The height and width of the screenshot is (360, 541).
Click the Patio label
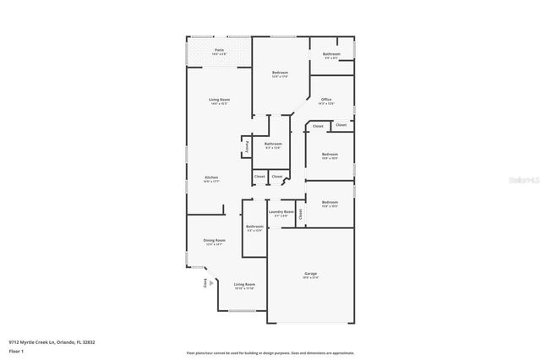pos(219,51)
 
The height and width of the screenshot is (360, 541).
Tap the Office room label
pos(326,100)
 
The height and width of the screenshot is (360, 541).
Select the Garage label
pos(310,274)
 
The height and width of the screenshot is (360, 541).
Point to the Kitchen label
pos(211,177)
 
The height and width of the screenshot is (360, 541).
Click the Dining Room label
pos(215,241)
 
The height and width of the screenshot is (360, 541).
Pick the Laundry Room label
pos(281,212)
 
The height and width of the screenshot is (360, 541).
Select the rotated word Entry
pos(205,285)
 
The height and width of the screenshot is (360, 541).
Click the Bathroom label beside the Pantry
pos(273,145)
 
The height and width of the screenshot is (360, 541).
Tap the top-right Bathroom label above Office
pos(331,54)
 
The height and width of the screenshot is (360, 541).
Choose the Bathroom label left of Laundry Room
pos(254,226)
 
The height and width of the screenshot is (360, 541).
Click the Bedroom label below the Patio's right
pos(281,74)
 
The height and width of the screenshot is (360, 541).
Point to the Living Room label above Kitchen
pos(220,100)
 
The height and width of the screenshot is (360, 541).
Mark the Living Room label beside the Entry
pos(244,285)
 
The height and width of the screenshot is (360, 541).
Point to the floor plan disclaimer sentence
pos(270,352)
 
